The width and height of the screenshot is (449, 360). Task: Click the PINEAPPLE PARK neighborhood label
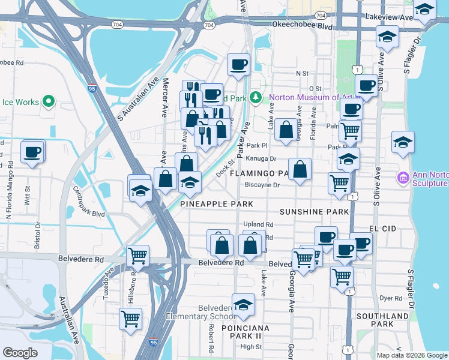pos(217,204)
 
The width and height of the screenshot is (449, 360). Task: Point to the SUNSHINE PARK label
pos(314,212)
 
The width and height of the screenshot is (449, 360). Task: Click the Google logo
pos(20,352)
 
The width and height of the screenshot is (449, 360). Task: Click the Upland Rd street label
pos(258,224)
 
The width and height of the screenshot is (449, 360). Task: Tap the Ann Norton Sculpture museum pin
pos(403,178)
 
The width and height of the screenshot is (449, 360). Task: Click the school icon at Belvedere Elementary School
pos(243,305)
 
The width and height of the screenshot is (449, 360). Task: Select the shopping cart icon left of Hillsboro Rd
pos(130,319)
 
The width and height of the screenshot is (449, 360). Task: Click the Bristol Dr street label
pos(37,235)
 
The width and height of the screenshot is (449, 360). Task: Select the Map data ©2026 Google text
pos(411,355)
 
